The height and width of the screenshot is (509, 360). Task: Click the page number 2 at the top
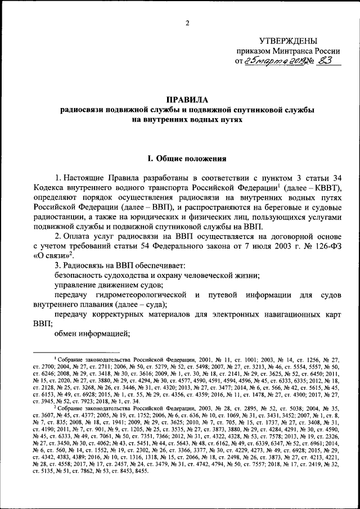187,22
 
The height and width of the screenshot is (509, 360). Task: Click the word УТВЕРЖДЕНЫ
287,41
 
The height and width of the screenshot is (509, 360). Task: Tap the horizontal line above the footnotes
85,352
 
